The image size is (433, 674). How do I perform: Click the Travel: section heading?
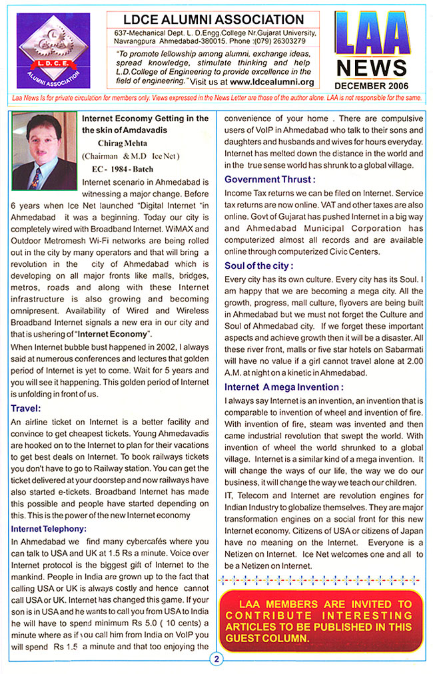click(x=26, y=408)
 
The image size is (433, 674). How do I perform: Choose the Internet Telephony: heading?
click(x=49, y=528)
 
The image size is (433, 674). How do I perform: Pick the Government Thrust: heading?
click(x=270, y=179)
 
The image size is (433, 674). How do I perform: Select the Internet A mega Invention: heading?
click(x=284, y=387)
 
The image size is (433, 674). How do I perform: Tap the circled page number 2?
click(x=217, y=660)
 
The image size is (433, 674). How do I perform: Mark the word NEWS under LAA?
click(x=372, y=68)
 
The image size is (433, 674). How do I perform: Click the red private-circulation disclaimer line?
click(x=217, y=98)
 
